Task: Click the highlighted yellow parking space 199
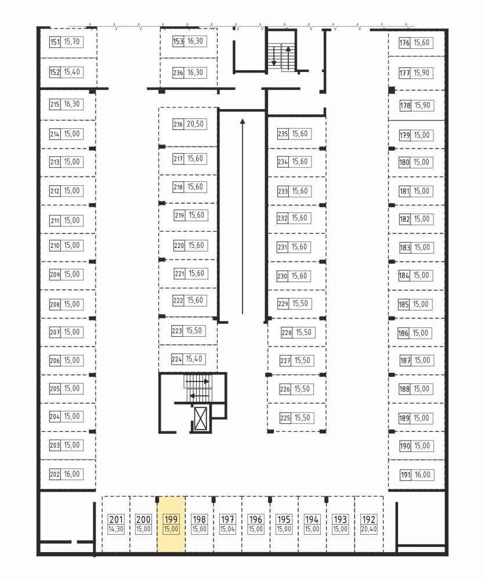coord(171,524)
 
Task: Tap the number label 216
coord(178,124)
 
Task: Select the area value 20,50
coord(195,124)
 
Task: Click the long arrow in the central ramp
coord(242,217)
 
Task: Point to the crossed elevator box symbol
coord(201,418)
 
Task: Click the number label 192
coord(368,520)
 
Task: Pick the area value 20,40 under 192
coord(368,529)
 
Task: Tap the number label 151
coord(55,42)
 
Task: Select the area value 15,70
coord(72,42)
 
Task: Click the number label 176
coord(404,43)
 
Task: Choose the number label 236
coord(178,73)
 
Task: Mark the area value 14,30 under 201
coord(115,529)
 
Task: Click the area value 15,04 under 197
coord(227,529)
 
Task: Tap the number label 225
coord(285,419)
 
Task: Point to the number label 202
coord(55,474)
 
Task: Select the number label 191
coord(406,475)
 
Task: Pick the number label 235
coord(283,134)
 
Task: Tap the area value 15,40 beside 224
coord(194,359)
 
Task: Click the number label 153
coord(178,41)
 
